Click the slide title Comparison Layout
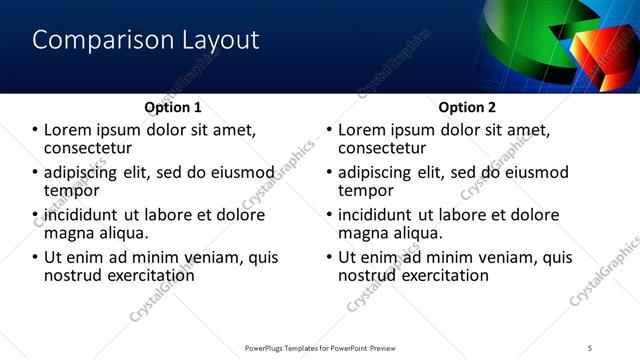point(146,40)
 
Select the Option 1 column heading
point(173,107)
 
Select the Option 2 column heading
point(467,107)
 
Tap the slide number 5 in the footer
point(591,348)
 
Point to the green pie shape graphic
point(532,45)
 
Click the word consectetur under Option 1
point(89,147)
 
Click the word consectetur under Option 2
point(383,147)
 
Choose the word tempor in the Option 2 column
point(366,189)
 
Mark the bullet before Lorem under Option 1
point(35,130)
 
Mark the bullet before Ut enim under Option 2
point(329,257)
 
